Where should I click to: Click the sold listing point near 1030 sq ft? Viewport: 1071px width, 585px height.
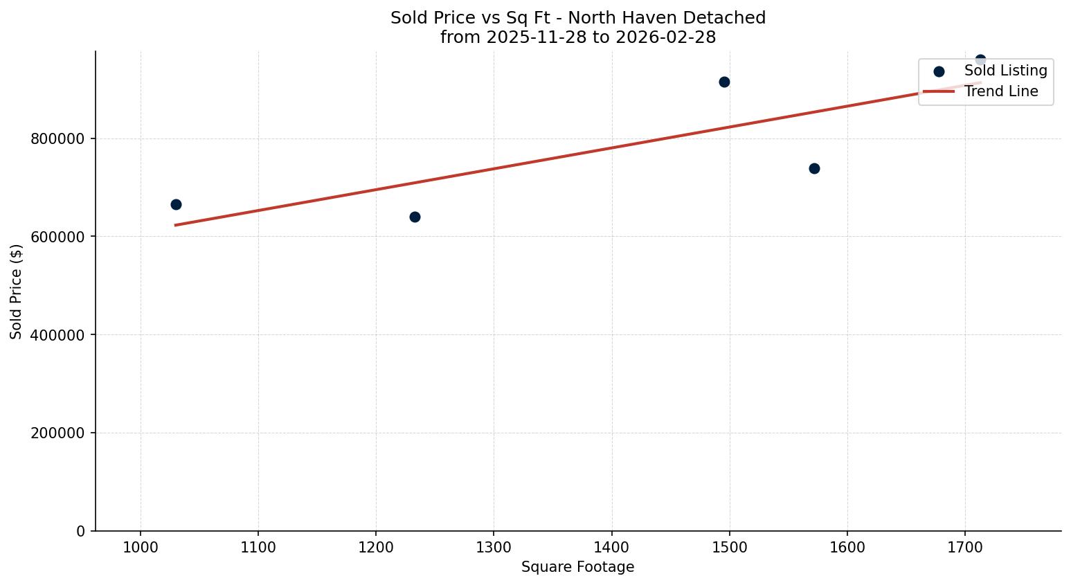coord(176,204)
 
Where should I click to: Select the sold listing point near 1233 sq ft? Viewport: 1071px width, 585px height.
coord(415,217)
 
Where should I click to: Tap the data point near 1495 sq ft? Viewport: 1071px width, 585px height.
coord(724,82)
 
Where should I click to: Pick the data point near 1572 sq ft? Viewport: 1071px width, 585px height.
coord(814,168)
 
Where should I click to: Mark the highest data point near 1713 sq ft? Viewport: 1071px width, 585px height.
coord(980,60)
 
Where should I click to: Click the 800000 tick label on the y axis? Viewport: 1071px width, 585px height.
coord(57,139)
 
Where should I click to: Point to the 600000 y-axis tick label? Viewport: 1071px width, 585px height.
coord(57,237)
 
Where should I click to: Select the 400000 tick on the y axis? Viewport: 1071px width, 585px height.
coord(57,335)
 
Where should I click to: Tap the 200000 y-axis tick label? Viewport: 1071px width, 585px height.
coord(57,433)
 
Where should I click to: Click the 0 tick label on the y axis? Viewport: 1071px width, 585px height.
coord(81,532)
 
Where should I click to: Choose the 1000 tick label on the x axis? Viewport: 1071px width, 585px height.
coord(141,548)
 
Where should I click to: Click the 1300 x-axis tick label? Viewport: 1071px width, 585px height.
coord(494,548)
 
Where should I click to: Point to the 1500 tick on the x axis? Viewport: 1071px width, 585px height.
coord(729,548)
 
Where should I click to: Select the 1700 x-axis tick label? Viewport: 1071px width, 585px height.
coord(964,548)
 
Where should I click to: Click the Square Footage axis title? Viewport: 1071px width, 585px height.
coord(577,568)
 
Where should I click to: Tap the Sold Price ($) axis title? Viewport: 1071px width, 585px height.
coord(17,291)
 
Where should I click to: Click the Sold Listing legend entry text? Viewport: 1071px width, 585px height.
coord(1005,71)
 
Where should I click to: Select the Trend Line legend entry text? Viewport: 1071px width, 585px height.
coord(1001,91)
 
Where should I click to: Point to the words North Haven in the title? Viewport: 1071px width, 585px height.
coord(614,18)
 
